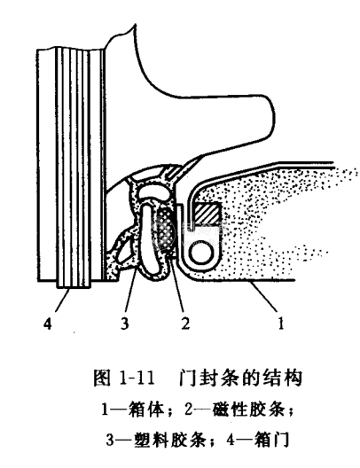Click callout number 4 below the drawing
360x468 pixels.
48,324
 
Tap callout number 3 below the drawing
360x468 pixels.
125,324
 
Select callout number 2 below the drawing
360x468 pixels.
185,324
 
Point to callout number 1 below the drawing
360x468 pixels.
281,324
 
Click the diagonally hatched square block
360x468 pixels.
207,214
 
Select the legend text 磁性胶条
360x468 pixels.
248,409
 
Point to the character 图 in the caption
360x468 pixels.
102,378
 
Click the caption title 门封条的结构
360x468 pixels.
240,378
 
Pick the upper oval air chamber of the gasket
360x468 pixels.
153,191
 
